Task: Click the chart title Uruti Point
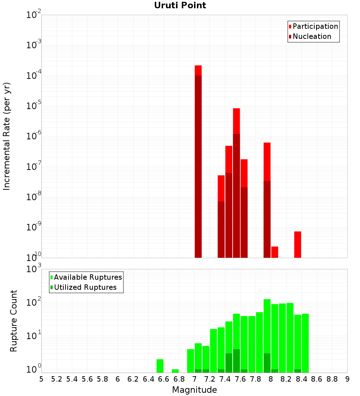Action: [180, 5]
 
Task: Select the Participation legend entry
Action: [315, 27]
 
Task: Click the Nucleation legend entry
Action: [312, 37]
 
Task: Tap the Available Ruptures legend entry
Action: [88, 277]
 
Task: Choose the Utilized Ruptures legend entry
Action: [85, 287]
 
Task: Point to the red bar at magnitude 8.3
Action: [298, 244]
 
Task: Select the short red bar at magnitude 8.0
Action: [275, 252]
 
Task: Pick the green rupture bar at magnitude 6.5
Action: [160, 366]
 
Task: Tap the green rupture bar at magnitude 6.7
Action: [175, 371]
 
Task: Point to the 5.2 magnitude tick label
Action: [57, 379]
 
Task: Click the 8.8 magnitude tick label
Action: [332, 379]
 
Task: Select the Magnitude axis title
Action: [194, 390]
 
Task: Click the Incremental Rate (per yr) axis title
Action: [7, 136]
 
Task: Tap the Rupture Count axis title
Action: [14, 321]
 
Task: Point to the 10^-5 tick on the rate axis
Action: [34, 106]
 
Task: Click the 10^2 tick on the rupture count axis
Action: [35, 303]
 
